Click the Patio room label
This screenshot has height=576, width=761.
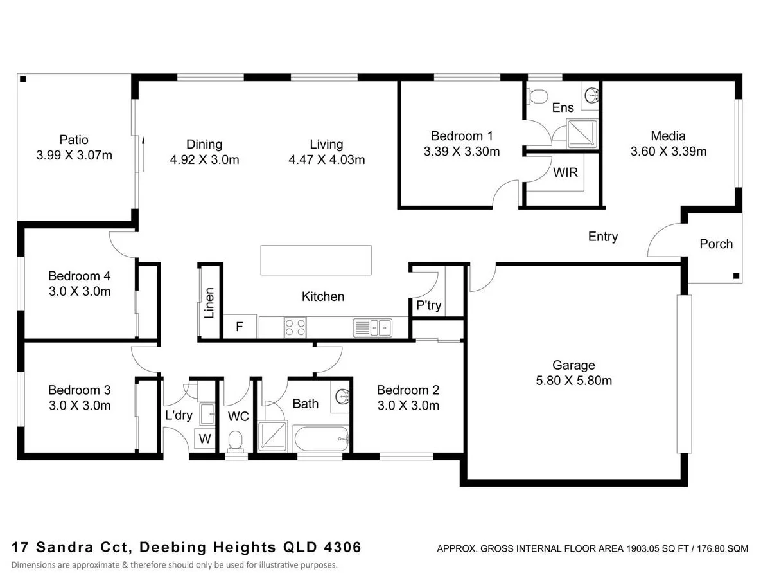point(74,139)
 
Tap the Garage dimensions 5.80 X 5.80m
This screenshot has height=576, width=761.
point(573,381)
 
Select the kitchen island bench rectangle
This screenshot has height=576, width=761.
point(316,260)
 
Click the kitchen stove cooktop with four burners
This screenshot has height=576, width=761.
point(295,328)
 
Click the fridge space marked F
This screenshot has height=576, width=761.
point(240,327)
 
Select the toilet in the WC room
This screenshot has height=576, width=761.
point(236,440)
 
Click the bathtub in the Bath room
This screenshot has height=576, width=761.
point(321,441)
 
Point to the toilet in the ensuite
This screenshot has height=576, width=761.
point(537,96)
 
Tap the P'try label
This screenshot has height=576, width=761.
point(428,305)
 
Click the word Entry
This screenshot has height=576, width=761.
point(602,237)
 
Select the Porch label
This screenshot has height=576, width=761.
point(715,244)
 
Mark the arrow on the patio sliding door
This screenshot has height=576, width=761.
point(144,153)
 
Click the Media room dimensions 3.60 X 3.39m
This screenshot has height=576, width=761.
point(669,152)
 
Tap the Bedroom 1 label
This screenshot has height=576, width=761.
point(462,136)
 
